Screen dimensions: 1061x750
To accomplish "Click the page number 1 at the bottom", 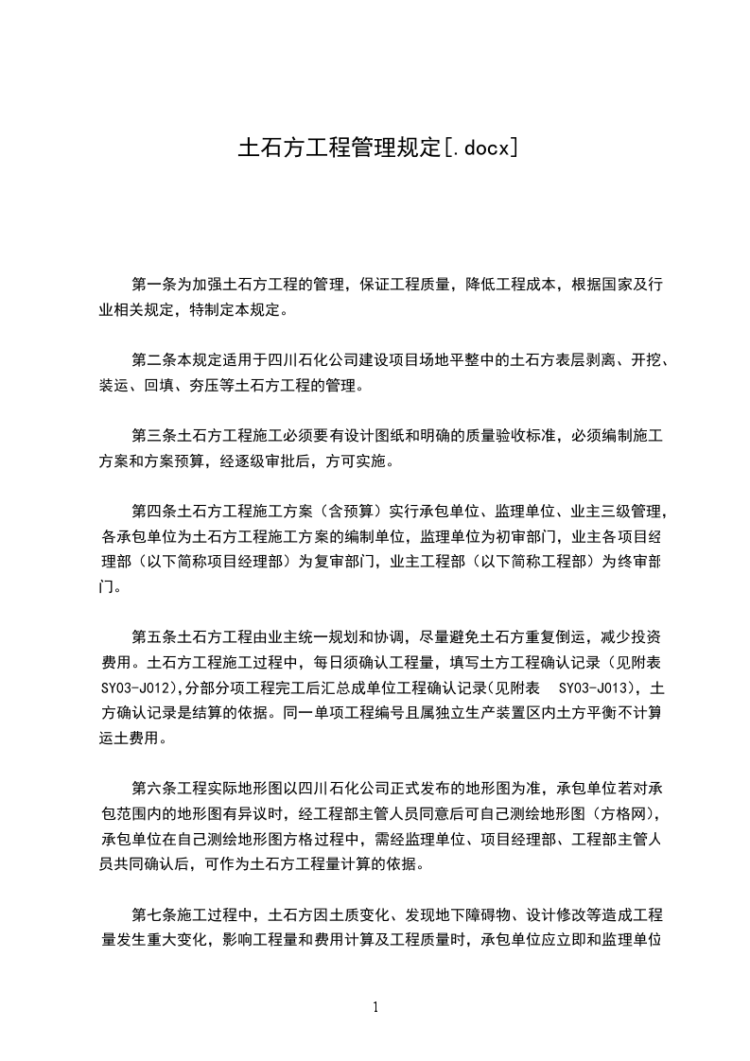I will click(375, 1007).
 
